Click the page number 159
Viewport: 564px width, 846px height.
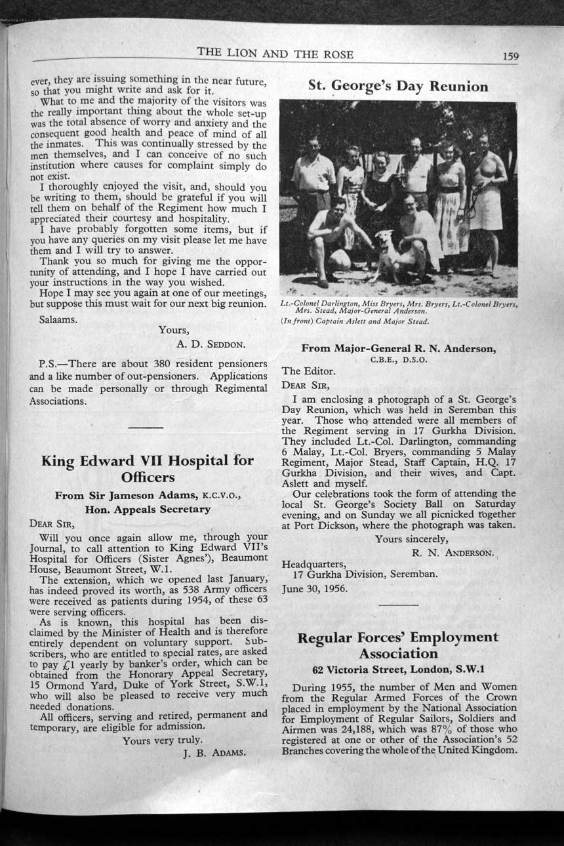point(510,56)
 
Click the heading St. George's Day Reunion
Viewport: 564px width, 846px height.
point(398,87)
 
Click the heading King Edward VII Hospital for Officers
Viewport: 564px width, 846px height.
point(148,468)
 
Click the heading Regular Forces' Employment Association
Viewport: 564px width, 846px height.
point(397,645)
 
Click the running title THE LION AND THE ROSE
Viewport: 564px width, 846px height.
point(275,54)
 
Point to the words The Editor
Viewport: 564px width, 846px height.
point(308,371)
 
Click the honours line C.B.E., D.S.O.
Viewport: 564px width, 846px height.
point(398,360)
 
